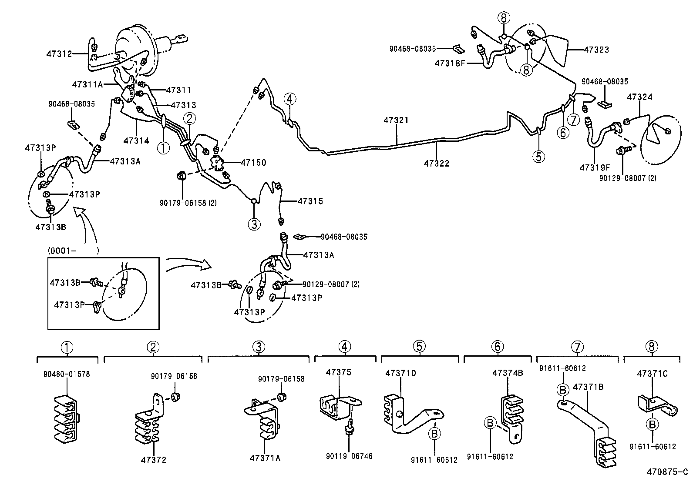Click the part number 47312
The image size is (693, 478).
coord(59,54)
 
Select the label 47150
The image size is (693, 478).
coord(253,163)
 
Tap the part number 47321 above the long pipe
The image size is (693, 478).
coord(396,120)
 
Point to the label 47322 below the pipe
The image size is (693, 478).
coord(437,164)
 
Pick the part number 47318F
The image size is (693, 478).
coord(450,64)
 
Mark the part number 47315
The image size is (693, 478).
coord(310,201)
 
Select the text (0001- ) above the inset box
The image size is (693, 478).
coord(73,251)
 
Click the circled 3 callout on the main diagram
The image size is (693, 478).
coord(254,224)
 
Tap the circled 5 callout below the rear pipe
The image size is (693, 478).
coord(538,156)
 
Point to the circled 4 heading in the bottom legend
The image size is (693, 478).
coord(344,347)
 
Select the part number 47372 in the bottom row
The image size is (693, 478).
coord(153,460)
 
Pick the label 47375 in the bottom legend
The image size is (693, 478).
coord(338,372)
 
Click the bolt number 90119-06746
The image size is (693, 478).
coord(349,456)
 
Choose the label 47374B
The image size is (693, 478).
coord(508,373)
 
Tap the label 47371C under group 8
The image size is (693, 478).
coord(652,374)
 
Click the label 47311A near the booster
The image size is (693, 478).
coord(87,84)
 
